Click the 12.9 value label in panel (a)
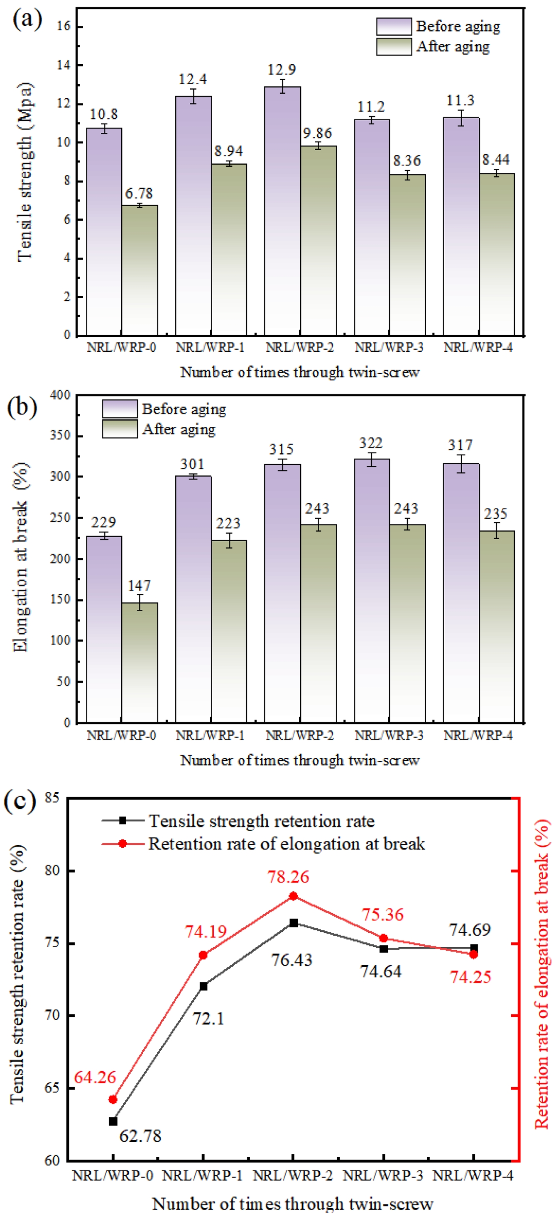[282, 70]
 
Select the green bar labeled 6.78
[140, 270]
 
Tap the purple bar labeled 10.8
[104, 232]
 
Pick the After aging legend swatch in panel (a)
[394, 47]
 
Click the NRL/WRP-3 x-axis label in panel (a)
[389, 348]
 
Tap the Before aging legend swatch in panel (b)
[120, 409]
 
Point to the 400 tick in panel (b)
[60, 395]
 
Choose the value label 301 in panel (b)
[192, 464]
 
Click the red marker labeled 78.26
[294, 896]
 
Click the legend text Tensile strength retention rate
[262, 820]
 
